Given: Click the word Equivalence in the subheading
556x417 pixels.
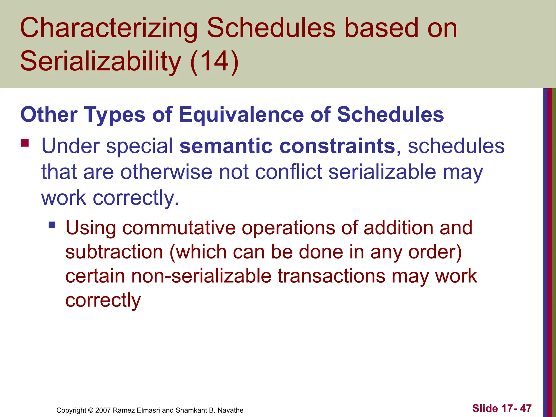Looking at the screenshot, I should tap(241, 115).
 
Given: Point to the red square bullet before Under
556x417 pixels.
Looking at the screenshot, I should tap(25, 143).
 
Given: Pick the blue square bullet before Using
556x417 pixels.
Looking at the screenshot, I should tap(52, 225).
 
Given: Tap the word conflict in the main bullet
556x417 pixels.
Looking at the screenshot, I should tap(288, 172).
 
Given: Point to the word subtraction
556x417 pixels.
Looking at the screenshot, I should tap(114, 252).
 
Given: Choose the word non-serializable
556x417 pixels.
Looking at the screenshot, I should tap(201, 276).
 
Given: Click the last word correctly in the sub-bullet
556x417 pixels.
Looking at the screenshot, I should tap(103, 300).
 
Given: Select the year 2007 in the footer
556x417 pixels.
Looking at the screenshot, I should tap(103, 410).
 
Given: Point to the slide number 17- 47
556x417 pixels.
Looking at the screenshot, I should tap(516, 408).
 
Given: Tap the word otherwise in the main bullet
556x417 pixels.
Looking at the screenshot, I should tap(166, 172).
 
